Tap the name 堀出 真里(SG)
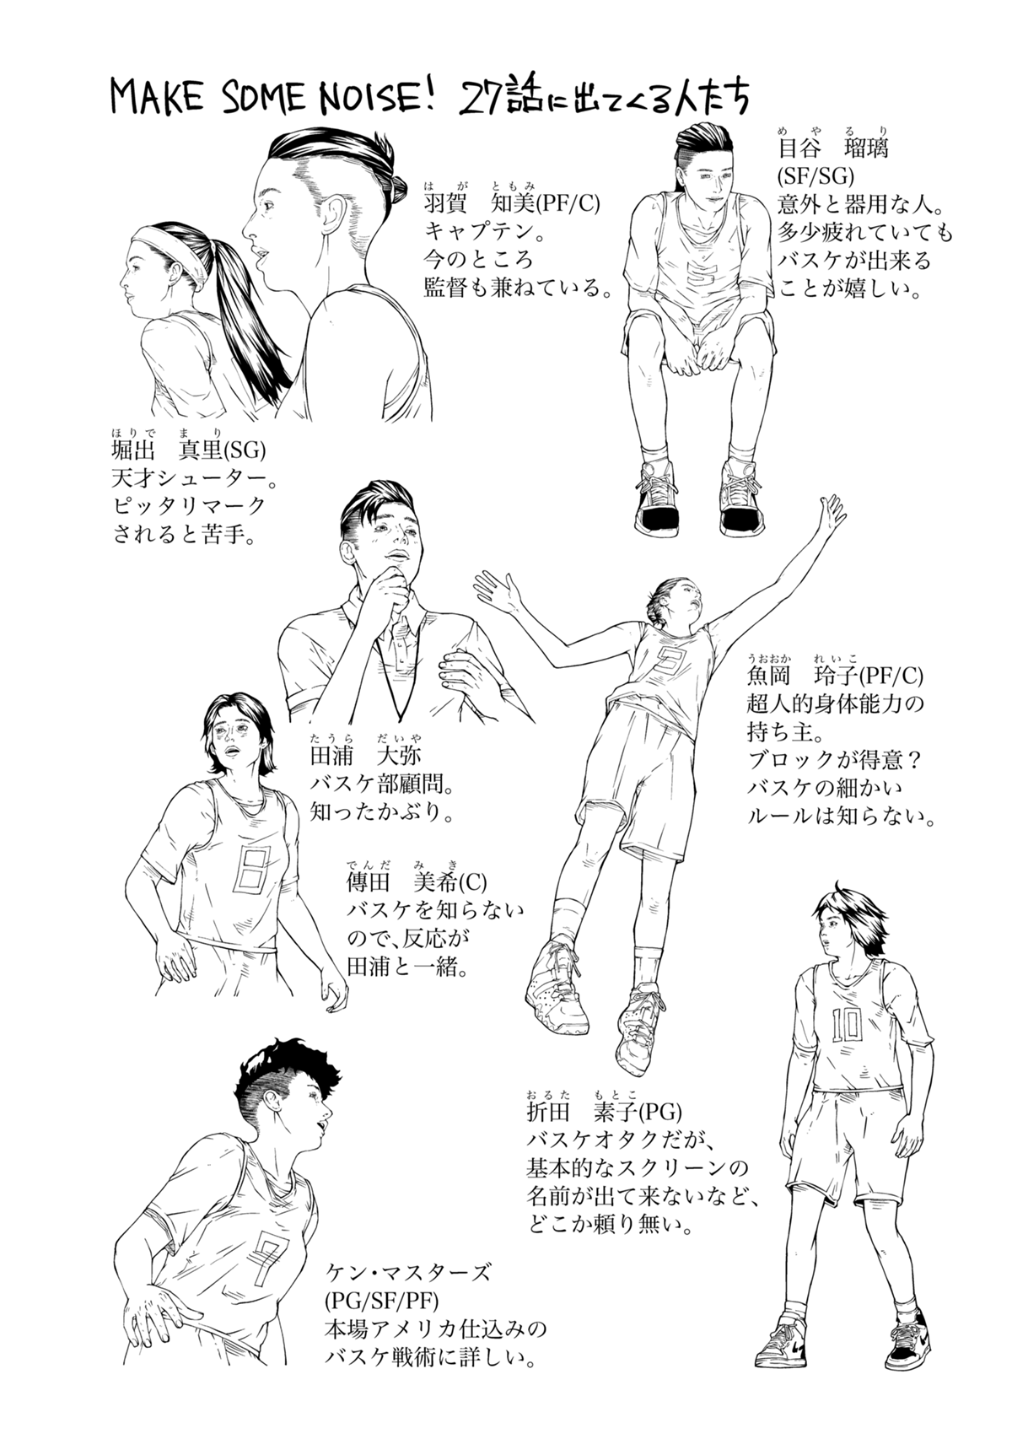(x=188, y=451)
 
